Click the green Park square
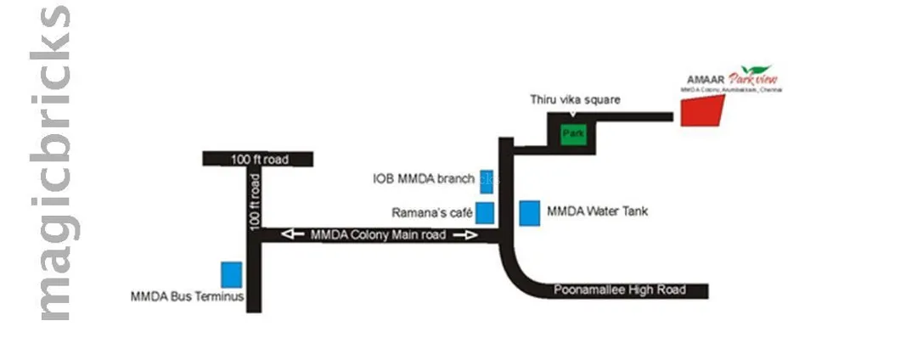pyautogui.click(x=572, y=133)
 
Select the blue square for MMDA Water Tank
pyautogui.click(x=530, y=213)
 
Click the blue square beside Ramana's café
pyautogui.click(x=485, y=212)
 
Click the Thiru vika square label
pyautogui.click(x=576, y=99)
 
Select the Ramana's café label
pyautogui.click(x=430, y=211)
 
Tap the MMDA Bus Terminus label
pyautogui.click(x=188, y=297)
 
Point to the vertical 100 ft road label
pyautogui.click(x=254, y=200)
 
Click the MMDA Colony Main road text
pyautogui.click(x=379, y=235)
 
